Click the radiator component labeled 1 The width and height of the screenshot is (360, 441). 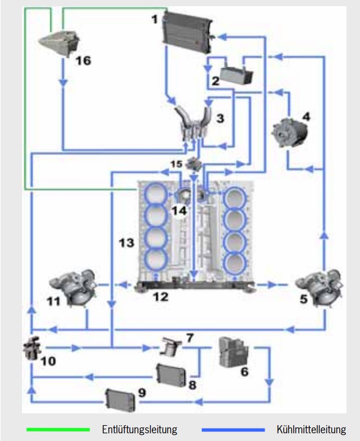188,32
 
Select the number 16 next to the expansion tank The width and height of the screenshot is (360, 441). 84,60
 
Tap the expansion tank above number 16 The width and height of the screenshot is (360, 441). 59,43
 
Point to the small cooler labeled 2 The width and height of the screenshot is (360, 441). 236,75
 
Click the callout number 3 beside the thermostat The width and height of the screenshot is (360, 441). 220,118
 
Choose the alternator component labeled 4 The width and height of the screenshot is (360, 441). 289,133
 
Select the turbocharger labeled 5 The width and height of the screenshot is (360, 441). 319,288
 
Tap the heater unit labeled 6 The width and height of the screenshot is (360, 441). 233,352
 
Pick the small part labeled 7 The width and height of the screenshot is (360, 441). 171,346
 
